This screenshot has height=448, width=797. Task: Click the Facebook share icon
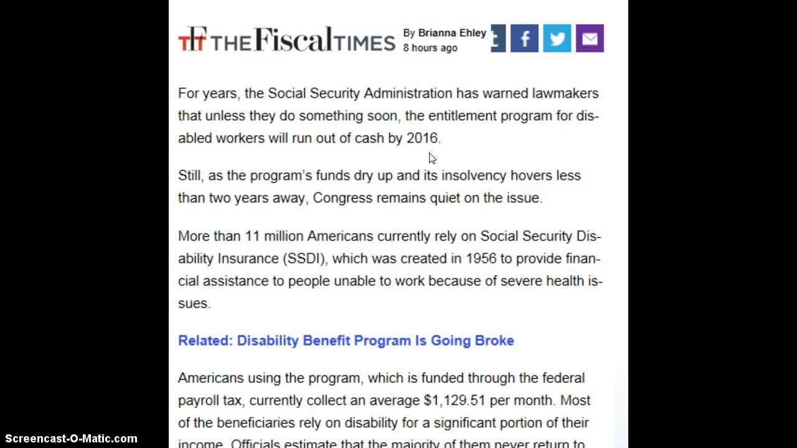pos(524,39)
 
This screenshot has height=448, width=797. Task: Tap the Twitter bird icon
pos(557,39)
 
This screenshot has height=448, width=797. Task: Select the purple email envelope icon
pos(590,39)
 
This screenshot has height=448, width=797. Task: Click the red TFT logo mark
pos(192,39)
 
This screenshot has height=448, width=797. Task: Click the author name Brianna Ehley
pos(452,33)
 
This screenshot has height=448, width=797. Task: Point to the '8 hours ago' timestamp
pos(430,48)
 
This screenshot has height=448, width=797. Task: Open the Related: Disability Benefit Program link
pos(346,340)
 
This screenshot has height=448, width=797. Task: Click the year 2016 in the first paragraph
pos(422,138)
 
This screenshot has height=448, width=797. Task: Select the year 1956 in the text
pos(481,258)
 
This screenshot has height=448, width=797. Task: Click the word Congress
pos(339,198)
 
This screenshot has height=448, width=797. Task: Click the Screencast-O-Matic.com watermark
pos(71,439)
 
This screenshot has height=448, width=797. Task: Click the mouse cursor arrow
pos(432,158)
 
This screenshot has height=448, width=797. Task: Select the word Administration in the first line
pos(408,93)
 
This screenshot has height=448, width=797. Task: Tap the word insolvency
pos(474,175)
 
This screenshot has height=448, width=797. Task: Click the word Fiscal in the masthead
pos(299,39)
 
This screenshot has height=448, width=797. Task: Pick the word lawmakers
pos(565,93)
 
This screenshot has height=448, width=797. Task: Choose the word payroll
pos(201,400)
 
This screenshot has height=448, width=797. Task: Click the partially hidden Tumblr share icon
pos(498,39)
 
